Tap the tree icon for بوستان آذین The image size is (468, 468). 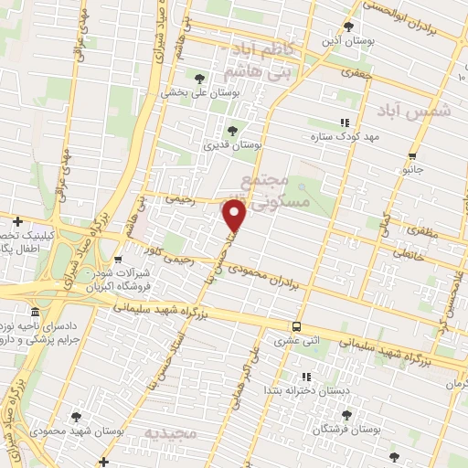coord(348,26)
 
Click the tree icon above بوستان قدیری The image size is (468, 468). coord(231,130)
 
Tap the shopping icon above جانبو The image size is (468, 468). coord(413,154)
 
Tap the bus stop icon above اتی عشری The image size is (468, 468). coord(296,326)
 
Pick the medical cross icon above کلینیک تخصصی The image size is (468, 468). coord(17,220)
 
